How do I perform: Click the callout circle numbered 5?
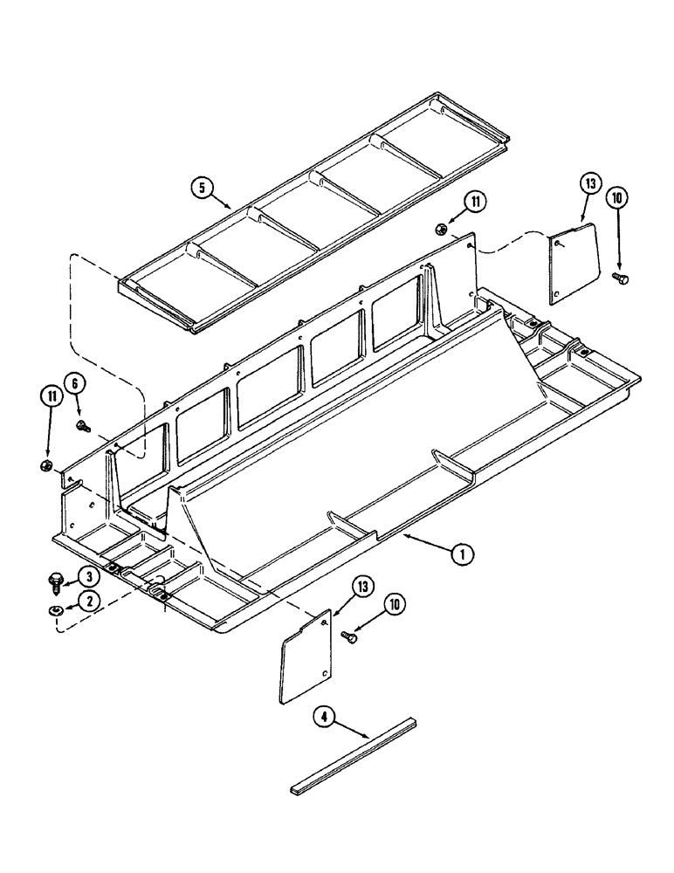pos(202,188)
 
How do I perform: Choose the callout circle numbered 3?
pos(87,576)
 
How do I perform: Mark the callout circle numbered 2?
pos(87,599)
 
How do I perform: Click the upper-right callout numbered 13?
pos(590,183)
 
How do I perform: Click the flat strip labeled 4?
pos(354,757)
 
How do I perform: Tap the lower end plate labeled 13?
pos(305,655)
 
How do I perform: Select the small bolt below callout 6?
pos(84,427)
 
